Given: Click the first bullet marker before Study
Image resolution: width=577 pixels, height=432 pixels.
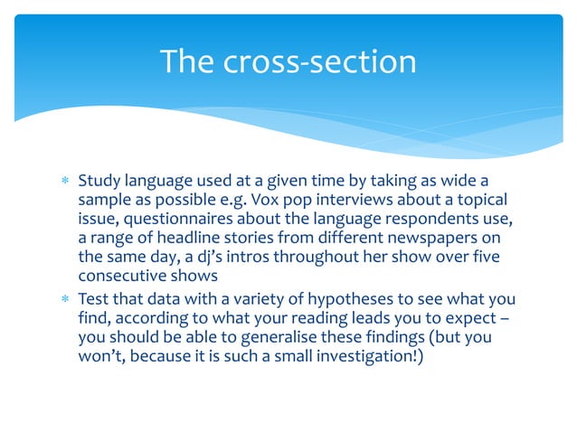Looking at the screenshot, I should pyautogui.click(x=63, y=181).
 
